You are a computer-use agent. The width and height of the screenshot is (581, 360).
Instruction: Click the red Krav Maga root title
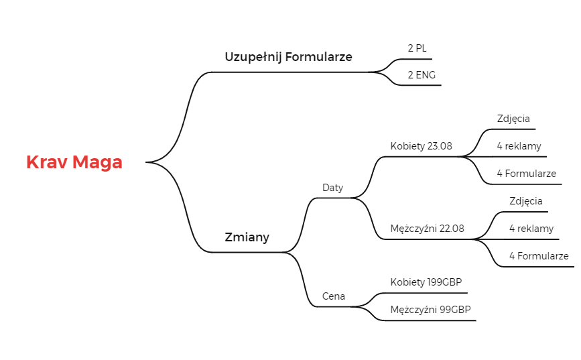[x=74, y=162]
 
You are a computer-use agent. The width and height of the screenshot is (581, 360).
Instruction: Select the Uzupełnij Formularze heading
[x=288, y=57]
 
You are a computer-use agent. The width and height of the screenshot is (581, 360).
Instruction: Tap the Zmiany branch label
[x=247, y=237]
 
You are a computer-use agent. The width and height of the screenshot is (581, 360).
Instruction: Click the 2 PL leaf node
[x=417, y=48]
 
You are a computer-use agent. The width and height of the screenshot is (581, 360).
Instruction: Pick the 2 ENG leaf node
[x=422, y=75]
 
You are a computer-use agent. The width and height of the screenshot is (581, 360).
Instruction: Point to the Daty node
[x=333, y=188]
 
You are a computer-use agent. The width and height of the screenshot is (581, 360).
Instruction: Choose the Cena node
[x=334, y=296]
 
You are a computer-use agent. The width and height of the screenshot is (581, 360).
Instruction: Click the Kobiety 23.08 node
[x=421, y=146]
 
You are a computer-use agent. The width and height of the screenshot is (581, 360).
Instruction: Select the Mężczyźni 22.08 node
[x=427, y=229]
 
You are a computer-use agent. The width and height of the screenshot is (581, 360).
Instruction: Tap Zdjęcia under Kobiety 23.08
[x=513, y=119]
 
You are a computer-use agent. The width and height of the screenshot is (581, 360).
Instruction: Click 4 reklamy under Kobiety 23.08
[x=519, y=146]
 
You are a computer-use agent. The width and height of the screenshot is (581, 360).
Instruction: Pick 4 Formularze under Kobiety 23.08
[x=526, y=174]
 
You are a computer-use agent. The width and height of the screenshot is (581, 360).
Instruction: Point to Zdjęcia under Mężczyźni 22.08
[x=526, y=201]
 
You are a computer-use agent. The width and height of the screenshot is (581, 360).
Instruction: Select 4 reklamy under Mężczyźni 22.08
[x=531, y=229]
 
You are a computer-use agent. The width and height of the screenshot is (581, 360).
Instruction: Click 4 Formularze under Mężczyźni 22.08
[x=539, y=256]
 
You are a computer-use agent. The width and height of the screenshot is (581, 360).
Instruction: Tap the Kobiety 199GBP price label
[x=426, y=282]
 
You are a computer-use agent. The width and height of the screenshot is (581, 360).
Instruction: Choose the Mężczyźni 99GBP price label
[x=431, y=310]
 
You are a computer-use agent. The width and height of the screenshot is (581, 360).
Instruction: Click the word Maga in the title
[x=97, y=162]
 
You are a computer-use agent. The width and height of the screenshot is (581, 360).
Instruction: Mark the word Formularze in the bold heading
[x=319, y=57]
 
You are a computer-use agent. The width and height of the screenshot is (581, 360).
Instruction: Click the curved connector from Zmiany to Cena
[x=305, y=280]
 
